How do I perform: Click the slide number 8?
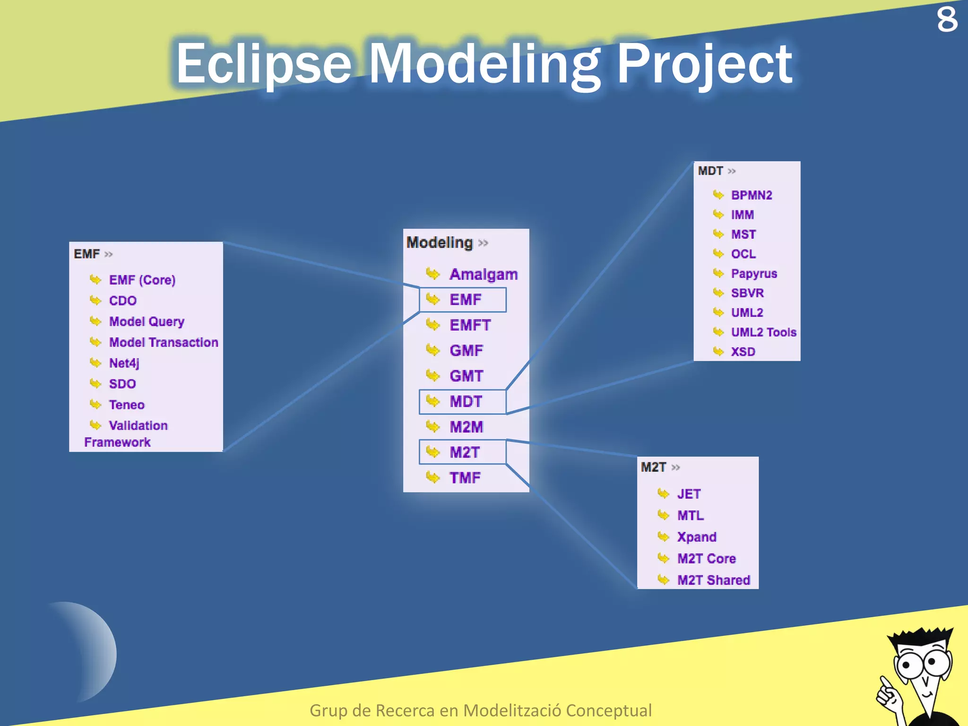click(947, 20)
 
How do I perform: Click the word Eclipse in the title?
click(263, 64)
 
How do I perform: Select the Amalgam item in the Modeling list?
click(483, 274)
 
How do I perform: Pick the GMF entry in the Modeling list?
click(466, 351)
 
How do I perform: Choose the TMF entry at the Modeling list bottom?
click(465, 478)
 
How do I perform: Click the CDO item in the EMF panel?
click(122, 301)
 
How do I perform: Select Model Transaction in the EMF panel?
click(164, 342)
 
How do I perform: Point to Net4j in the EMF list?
click(124, 363)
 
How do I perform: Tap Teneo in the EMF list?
click(127, 405)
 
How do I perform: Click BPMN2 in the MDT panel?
click(751, 195)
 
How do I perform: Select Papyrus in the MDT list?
click(753, 274)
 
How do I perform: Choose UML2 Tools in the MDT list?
click(763, 332)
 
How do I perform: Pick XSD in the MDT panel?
click(743, 352)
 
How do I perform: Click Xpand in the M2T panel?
click(696, 537)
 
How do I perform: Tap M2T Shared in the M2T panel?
click(713, 580)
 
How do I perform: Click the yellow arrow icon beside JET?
click(663, 494)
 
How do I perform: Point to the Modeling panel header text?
click(440, 242)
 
